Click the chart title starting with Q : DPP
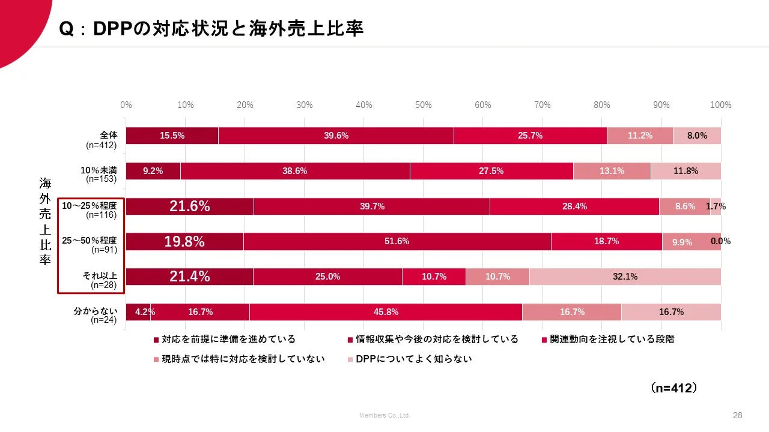(x=211, y=28)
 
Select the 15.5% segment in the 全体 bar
(x=172, y=136)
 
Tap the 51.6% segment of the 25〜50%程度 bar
(x=397, y=241)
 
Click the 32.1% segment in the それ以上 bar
(x=625, y=277)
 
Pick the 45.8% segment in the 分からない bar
(x=386, y=312)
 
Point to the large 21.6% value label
(x=189, y=206)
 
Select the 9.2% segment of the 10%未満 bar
(x=153, y=171)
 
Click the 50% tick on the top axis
(x=423, y=105)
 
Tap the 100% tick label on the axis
(x=720, y=105)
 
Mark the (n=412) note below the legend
(x=674, y=388)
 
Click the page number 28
(x=738, y=415)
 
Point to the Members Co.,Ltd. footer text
(x=384, y=415)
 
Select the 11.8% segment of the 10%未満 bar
(x=685, y=171)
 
